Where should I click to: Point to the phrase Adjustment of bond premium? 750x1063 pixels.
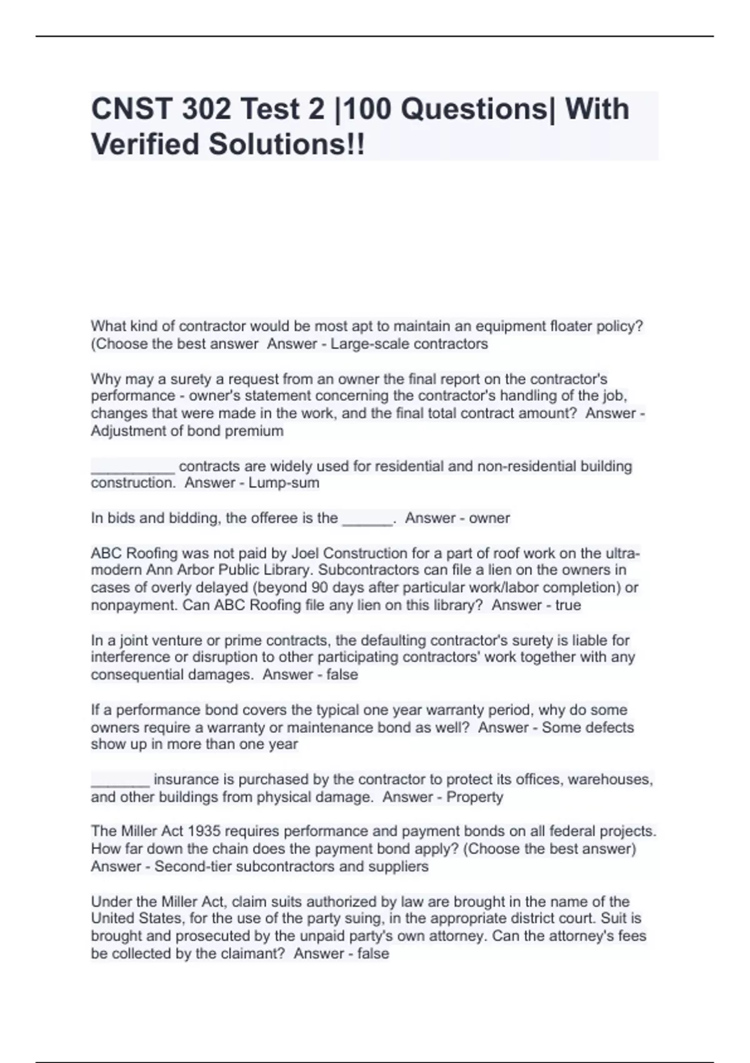tap(187, 431)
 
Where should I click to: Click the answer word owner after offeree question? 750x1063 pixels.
tap(489, 518)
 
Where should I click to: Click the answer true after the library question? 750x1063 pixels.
tap(567, 605)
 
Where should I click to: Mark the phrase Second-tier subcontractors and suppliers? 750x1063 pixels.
tap(291, 867)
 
